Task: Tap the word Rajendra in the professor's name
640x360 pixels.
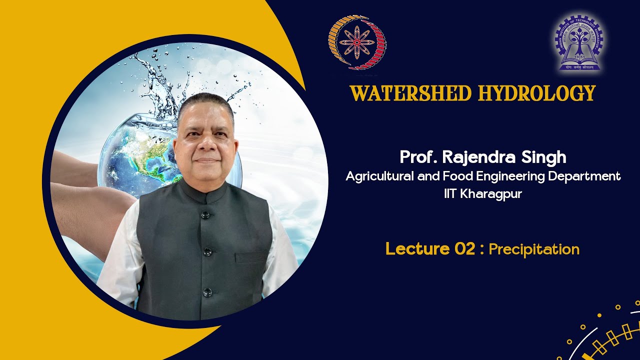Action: coord(477,157)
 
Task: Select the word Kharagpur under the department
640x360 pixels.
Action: coord(490,194)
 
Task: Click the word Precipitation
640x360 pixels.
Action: coord(534,249)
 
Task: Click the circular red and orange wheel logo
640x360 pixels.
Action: coord(357,42)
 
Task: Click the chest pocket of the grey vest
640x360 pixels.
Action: coord(251,257)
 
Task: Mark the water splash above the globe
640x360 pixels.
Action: coord(160,80)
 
